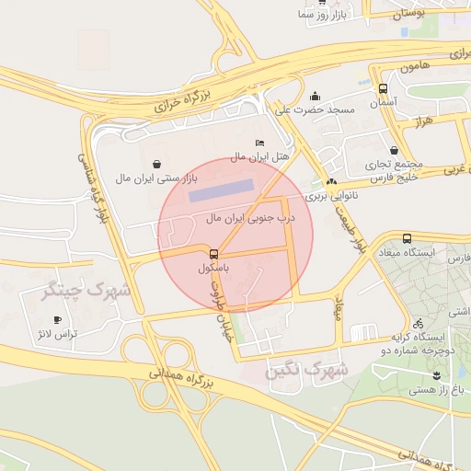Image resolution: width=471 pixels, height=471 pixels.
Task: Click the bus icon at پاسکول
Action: tap(213, 253)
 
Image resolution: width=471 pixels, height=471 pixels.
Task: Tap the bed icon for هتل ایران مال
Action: tap(258, 144)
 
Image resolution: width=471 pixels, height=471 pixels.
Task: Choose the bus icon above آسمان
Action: tap(383, 88)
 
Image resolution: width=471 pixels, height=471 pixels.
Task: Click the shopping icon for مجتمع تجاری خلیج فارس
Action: tap(394, 151)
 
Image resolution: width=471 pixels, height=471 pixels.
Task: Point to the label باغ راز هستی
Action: tap(439, 390)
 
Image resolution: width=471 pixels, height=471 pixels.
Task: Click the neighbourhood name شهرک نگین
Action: tap(305, 370)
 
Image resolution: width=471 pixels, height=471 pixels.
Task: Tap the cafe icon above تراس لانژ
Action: tap(58, 320)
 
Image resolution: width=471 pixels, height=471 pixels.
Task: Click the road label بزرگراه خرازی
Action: tap(181, 98)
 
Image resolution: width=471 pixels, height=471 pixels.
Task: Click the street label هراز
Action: tap(422, 121)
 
